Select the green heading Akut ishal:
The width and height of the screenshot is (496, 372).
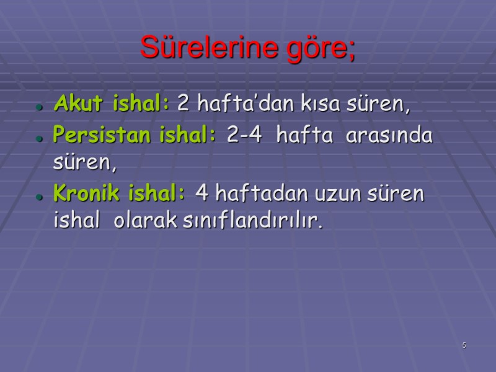click(112, 104)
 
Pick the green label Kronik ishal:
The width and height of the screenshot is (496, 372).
click(120, 195)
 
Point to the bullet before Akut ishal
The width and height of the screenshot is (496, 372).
click(38, 107)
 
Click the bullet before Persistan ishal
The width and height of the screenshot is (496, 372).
click(38, 138)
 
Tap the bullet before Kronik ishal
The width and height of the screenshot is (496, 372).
click(38, 197)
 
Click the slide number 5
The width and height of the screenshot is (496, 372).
click(464, 345)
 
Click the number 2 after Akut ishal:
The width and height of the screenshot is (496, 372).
click(184, 104)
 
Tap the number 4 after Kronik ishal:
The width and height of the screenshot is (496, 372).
click(201, 195)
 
